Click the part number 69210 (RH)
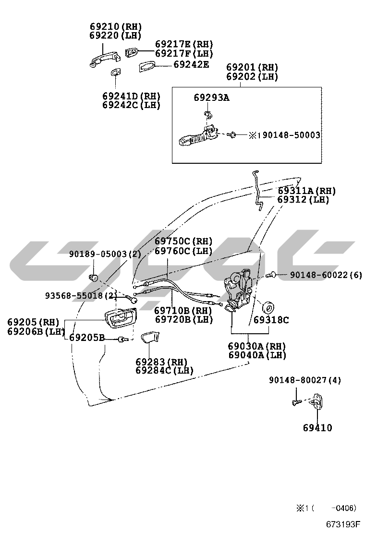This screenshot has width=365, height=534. pyautogui.click(x=115, y=26)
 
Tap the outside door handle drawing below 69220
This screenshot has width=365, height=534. pyautogui.click(x=105, y=59)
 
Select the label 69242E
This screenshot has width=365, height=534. pyautogui.click(x=191, y=64)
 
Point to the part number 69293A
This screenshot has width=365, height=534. pyautogui.click(x=211, y=98)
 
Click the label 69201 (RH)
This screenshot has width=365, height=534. pyautogui.click(x=252, y=67)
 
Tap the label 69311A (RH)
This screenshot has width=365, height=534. pyautogui.click(x=307, y=191)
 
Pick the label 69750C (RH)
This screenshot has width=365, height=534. pyautogui.click(x=183, y=241)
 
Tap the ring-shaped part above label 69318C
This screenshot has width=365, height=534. pyautogui.click(x=268, y=307)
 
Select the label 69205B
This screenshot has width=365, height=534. pyautogui.click(x=87, y=338)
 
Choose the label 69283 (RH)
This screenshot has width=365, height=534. pyautogui.click(x=161, y=362)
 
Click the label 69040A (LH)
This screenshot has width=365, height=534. pyautogui.click(x=257, y=355)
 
